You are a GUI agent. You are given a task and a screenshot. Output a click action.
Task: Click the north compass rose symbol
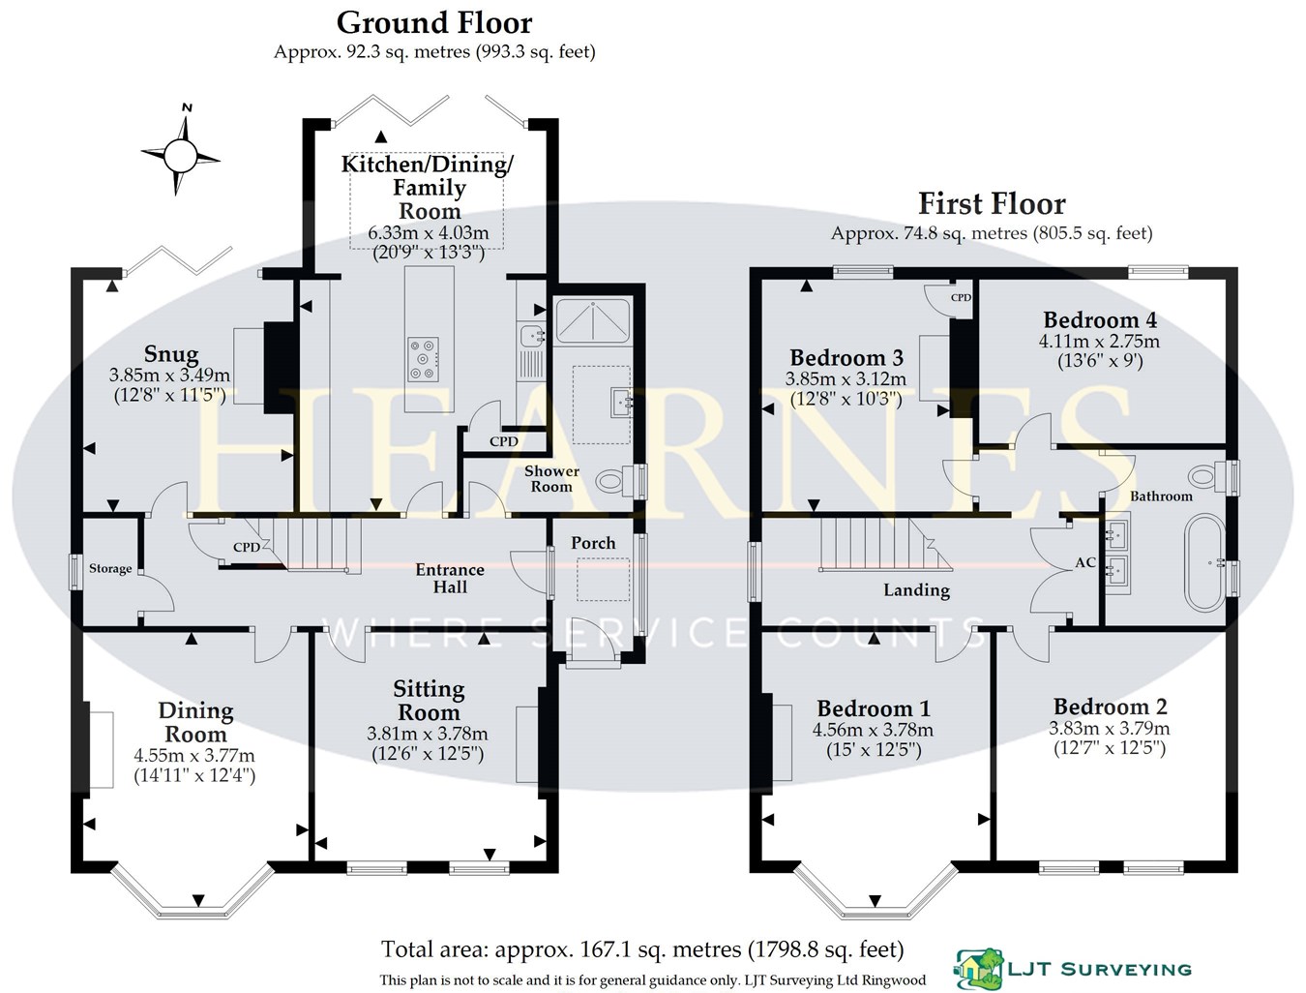(x=180, y=152)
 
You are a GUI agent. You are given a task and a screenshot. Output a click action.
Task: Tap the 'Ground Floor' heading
(x=433, y=21)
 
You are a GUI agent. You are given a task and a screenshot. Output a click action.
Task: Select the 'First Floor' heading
(x=991, y=204)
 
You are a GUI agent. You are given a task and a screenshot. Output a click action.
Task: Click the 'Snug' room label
(x=171, y=354)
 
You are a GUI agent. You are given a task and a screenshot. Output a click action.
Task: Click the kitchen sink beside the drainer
(x=531, y=336)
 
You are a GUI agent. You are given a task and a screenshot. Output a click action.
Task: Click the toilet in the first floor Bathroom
(x=1206, y=475)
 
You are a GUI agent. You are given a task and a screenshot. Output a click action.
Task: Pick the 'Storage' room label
(x=110, y=568)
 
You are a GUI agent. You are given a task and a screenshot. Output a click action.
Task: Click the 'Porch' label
(x=593, y=543)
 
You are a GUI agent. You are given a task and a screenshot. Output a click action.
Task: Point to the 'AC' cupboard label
(x=1084, y=562)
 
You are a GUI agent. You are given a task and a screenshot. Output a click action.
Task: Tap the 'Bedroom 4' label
(x=1099, y=320)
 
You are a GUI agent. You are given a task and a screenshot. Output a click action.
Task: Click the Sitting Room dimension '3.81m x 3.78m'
(x=428, y=734)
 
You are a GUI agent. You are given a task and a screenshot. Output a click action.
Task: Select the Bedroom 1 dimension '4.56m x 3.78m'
(x=874, y=730)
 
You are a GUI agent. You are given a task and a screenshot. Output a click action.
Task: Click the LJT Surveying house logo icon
(x=974, y=966)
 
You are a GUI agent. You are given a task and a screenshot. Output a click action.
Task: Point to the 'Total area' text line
(x=642, y=948)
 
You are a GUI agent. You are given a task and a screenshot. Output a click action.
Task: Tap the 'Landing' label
(x=916, y=589)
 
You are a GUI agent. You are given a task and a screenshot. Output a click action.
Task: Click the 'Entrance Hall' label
(x=450, y=578)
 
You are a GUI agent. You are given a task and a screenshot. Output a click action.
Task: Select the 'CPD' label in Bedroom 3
(x=960, y=297)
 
